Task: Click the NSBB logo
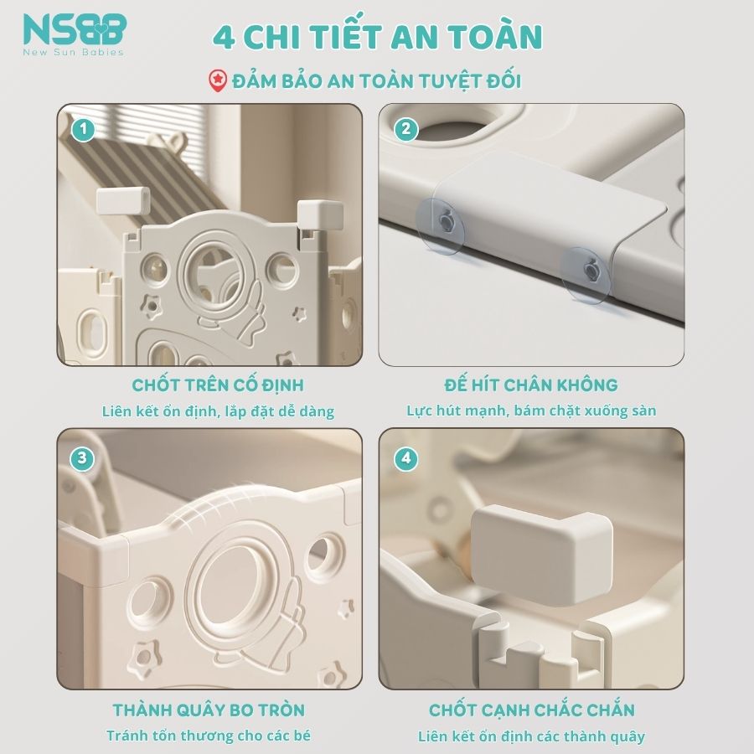pyautogui.click(x=75, y=34)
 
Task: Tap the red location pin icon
pyautogui.click(x=217, y=80)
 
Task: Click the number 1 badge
pyautogui.click(x=83, y=129)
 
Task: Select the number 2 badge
pyautogui.click(x=405, y=129)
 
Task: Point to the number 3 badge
pyautogui.click(x=82, y=458)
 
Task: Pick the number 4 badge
pyautogui.click(x=405, y=458)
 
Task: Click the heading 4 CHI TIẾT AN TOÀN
pyautogui.click(x=378, y=36)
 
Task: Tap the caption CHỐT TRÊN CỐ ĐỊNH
pyautogui.click(x=218, y=385)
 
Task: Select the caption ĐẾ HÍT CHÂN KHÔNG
pyautogui.click(x=531, y=385)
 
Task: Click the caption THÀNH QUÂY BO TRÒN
pyautogui.click(x=209, y=710)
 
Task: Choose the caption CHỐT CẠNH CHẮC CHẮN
pyautogui.click(x=532, y=710)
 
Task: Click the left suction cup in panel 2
pyautogui.click(x=441, y=226)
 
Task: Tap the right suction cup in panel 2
pyautogui.click(x=586, y=275)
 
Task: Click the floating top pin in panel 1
pyautogui.click(x=123, y=200)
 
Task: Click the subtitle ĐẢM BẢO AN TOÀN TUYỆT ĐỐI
pyautogui.click(x=376, y=80)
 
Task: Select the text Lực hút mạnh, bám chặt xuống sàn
pyautogui.click(x=531, y=411)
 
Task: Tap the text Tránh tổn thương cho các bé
pyautogui.click(x=209, y=736)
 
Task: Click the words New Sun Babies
pyautogui.click(x=74, y=52)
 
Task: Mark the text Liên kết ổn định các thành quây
pyautogui.click(x=531, y=736)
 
